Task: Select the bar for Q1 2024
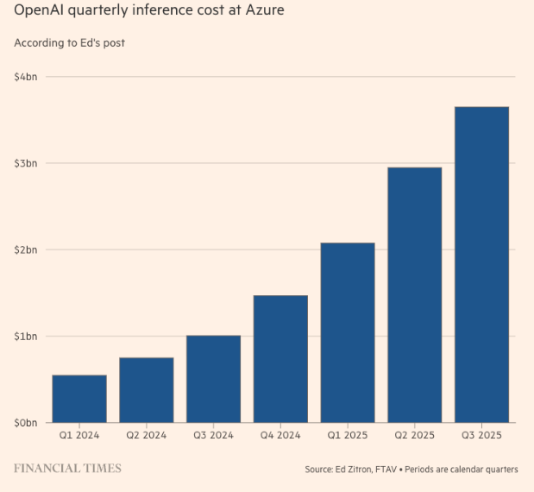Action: (x=79, y=399)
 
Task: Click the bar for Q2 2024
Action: (x=147, y=390)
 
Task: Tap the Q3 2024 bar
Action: (x=213, y=379)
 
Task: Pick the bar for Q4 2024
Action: (x=280, y=359)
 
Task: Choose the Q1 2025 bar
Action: (x=348, y=333)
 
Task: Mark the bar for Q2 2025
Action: (x=414, y=295)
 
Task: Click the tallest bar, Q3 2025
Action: (x=481, y=265)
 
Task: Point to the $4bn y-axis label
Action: (x=26, y=77)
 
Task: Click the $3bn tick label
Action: (x=26, y=163)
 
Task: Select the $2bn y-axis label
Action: (x=26, y=249)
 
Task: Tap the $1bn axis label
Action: (x=26, y=336)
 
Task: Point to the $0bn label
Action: (x=26, y=423)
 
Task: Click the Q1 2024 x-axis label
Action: (x=79, y=436)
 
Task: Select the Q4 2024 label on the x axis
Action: (x=280, y=436)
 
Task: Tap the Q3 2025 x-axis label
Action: (x=481, y=436)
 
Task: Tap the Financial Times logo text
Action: (x=68, y=469)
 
